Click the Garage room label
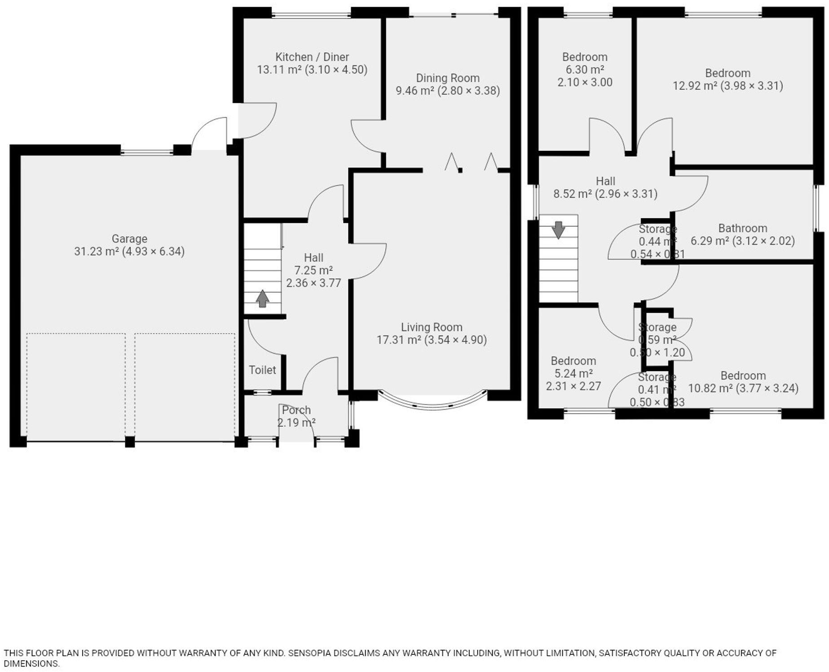click(129, 239)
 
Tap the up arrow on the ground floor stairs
click(262, 298)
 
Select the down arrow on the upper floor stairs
click(558, 230)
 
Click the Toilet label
click(262, 370)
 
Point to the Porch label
click(296, 410)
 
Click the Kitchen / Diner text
click(312, 57)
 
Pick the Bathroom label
click(742, 228)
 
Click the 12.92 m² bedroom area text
click(694, 86)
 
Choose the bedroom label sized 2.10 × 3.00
click(585, 57)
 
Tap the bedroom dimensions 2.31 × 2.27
click(573, 386)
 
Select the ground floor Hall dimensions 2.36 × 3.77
click(313, 283)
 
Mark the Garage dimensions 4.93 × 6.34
click(153, 251)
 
